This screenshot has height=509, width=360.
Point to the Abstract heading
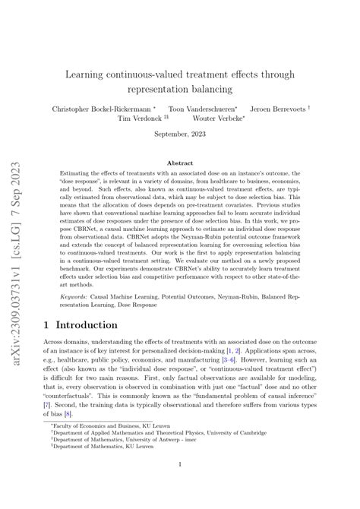[180, 163]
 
